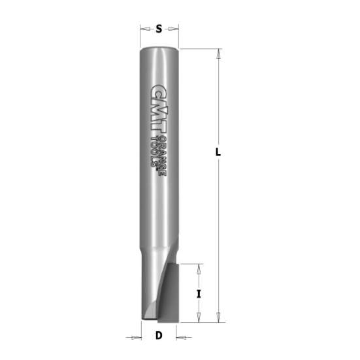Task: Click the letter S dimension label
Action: [x=159, y=28]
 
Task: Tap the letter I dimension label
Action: [x=199, y=293]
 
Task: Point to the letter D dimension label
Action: [x=159, y=336]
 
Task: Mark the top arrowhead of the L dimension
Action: [x=218, y=53]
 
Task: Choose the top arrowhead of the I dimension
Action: [x=199, y=267]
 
